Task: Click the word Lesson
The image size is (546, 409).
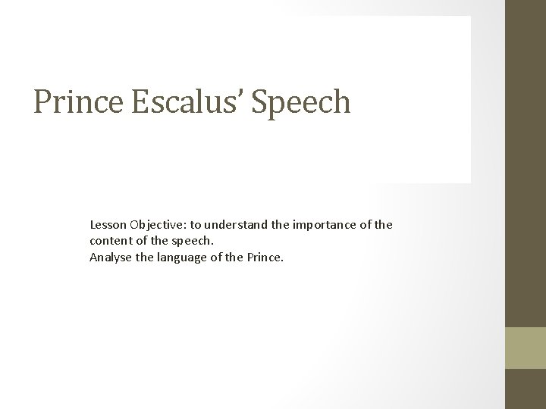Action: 108,225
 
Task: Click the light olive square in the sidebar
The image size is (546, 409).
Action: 526,348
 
